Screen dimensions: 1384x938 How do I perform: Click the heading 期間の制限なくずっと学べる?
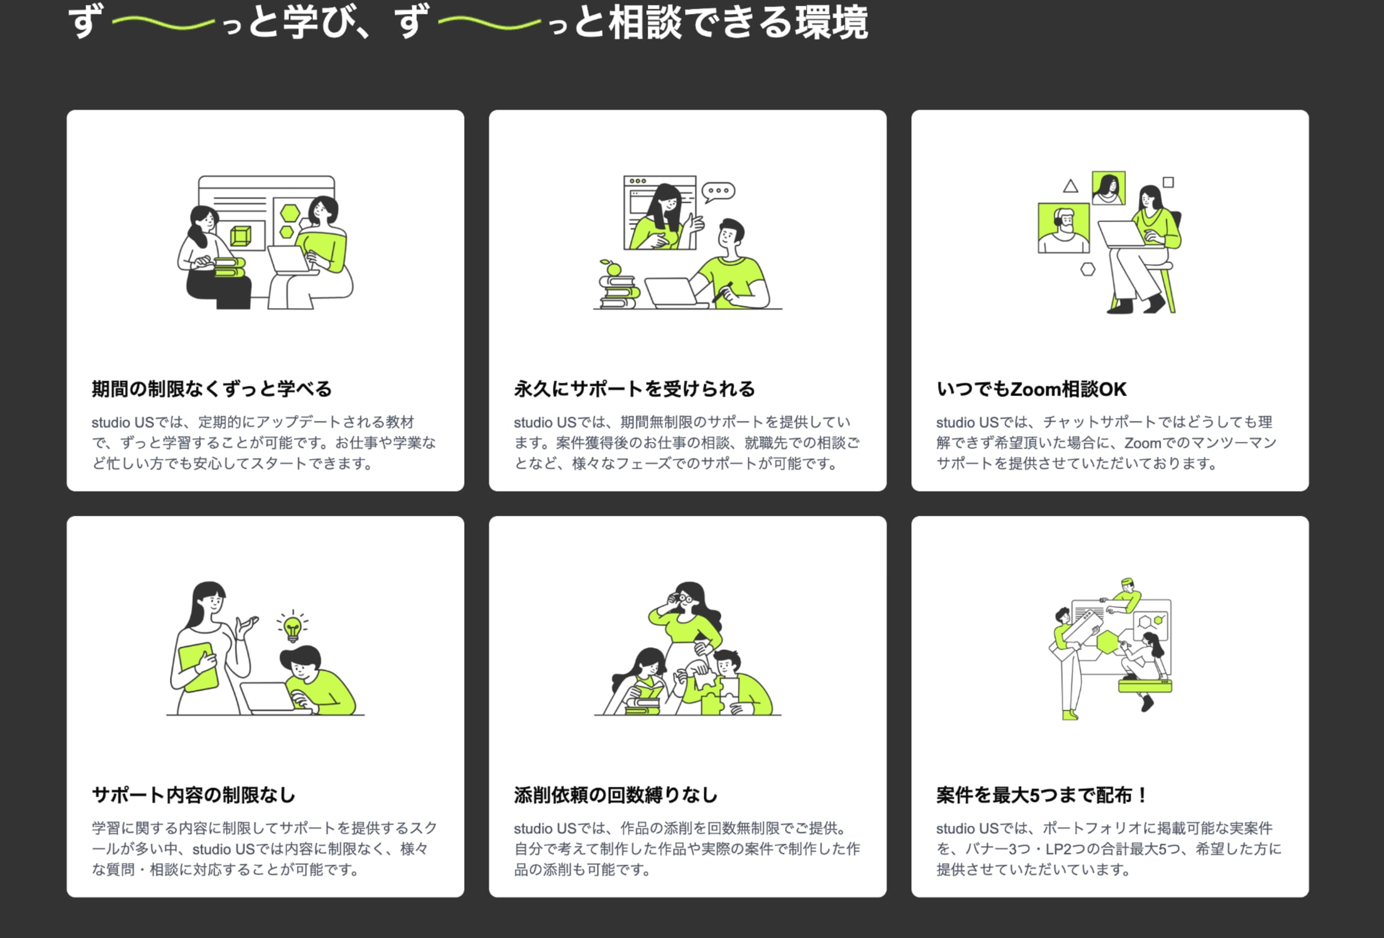coord(212,389)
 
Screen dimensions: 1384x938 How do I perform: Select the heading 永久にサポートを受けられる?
coord(634,389)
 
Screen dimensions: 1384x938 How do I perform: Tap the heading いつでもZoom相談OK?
coord(1031,389)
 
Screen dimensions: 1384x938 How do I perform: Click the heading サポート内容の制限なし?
coord(193,795)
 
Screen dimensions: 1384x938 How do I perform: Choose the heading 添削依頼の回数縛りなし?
coord(616,795)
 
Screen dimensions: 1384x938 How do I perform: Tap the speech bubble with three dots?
coord(718,192)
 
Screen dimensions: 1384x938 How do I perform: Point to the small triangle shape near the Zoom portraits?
coord(1070,186)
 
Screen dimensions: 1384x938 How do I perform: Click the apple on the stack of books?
coord(613,269)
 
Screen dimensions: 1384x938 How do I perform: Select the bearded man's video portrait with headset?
coord(1063,228)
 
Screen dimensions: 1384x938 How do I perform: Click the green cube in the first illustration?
coord(241,236)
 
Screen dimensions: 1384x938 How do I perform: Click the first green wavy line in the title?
coord(163,23)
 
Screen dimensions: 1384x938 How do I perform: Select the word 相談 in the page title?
coord(645,23)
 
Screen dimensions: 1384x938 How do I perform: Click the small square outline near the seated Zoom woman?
coord(1168,182)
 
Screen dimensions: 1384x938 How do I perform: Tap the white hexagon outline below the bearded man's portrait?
coord(1088,269)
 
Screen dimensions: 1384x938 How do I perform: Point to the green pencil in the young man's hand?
coord(722,292)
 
